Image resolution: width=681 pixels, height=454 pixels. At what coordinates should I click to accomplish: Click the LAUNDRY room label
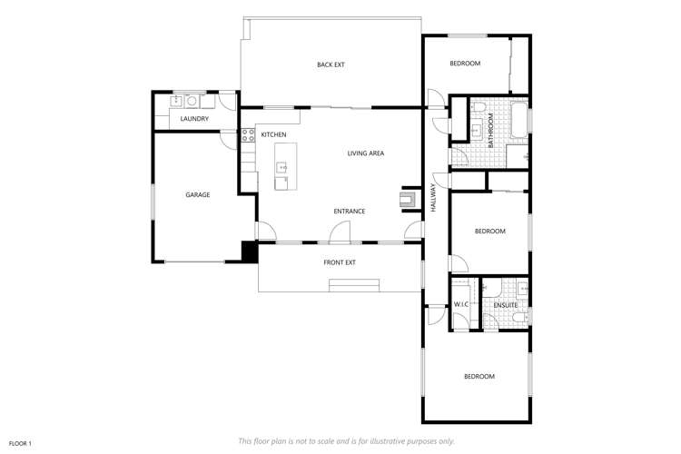pyautogui.click(x=194, y=119)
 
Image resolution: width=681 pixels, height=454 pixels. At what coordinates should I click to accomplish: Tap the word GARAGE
pyautogui.click(x=198, y=194)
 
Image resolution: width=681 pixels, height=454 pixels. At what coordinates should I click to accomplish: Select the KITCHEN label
pyautogui.click(x=273, y=135)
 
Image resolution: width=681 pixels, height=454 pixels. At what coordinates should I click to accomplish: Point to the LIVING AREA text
pyautogui.click(x=366, y=153)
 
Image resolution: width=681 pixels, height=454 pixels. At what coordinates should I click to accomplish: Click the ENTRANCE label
pyautogui.click(x=349, y=212)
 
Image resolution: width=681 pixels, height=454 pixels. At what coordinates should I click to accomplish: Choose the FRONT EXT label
pyautogui.click(x=340, y=262)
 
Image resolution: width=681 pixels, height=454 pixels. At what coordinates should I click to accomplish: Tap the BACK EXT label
pyautogui.click(x=331, y=64)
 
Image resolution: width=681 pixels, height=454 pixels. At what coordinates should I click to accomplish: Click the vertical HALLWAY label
pyautogui.click(x=434, y=198)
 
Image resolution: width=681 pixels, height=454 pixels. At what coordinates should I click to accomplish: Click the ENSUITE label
pyautogui.click(x=506, y=305)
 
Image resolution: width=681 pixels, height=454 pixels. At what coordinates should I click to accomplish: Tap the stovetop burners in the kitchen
pyautogui.click(x=247, y=136)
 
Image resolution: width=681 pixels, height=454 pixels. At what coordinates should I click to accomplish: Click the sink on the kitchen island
pyautogui.click(x=282, y=168)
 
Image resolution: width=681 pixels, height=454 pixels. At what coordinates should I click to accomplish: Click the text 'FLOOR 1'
pyautogui.click(x=20, y=443)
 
